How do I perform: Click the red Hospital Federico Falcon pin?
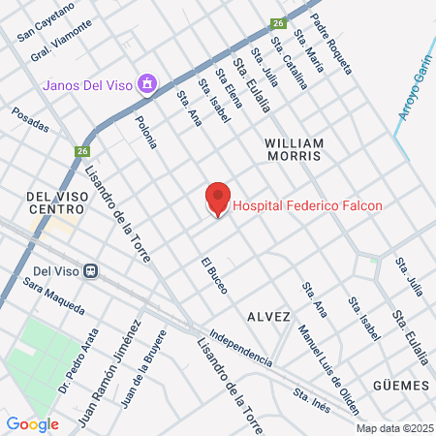(x=218, y=199)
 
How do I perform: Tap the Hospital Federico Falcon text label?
(x=307, y=205)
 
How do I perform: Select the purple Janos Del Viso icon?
(x=146, y=83)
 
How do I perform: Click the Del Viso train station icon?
(x=90, y=270)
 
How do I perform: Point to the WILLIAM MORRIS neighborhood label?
(x=307, y=148)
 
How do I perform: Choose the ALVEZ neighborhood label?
(x=268, y=316)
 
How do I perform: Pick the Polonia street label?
(x=146, y=130)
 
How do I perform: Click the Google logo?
(x=32, y=423)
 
